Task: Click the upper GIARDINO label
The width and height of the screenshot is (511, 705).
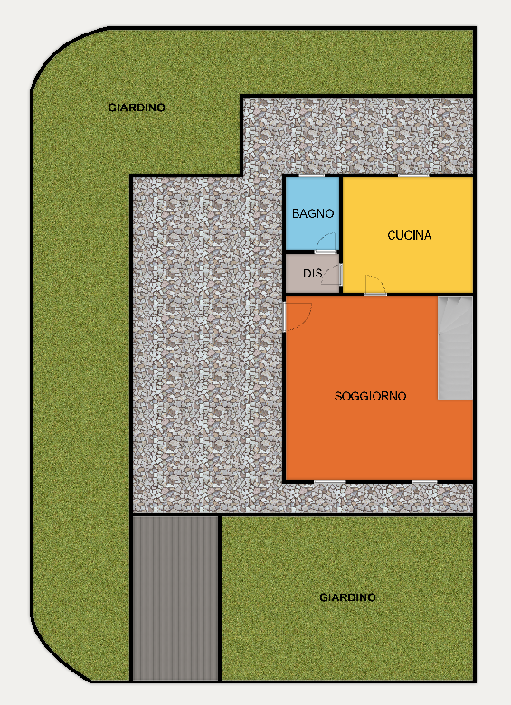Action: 137,108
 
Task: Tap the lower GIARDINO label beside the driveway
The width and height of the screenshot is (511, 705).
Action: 347,597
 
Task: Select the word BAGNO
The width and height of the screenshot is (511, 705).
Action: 313,213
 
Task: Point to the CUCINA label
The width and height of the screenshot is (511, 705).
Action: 410,235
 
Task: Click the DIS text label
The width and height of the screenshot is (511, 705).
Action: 312,273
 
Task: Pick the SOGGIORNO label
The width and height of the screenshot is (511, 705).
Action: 370,396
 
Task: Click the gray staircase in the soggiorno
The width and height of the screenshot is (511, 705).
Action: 455,348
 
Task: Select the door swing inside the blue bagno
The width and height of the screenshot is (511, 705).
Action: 326,243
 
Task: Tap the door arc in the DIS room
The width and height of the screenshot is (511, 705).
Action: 333,274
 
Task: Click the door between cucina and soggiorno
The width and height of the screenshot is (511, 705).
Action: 375,285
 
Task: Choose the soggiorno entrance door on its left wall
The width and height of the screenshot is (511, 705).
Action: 298,316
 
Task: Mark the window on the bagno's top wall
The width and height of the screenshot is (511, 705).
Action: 312,175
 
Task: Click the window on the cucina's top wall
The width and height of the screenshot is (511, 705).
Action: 413,175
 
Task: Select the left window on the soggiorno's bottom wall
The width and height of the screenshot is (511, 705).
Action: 330,482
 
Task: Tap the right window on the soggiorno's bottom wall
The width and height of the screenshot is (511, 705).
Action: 424,482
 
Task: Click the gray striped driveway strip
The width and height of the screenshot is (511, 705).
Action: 175,597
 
